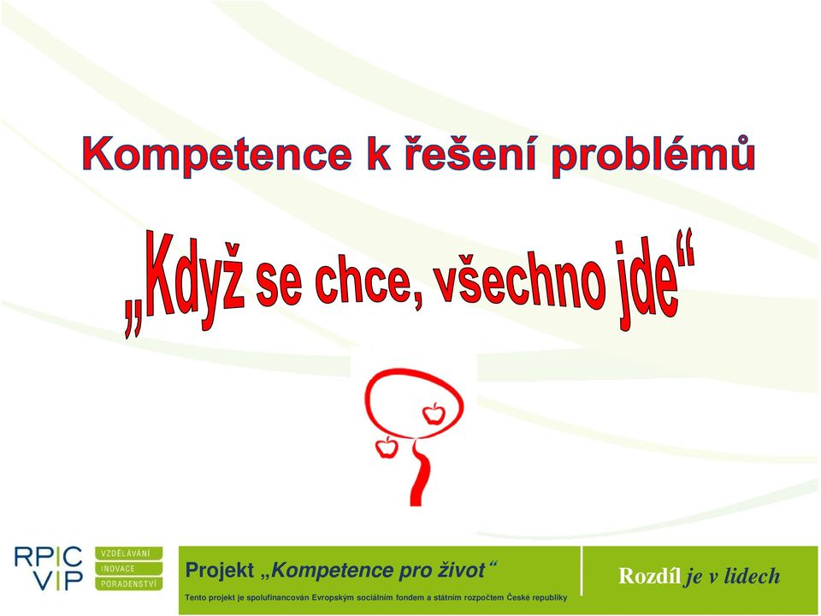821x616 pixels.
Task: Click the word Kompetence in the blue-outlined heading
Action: [x=216, y=155]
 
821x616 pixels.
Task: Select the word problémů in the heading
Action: [x=653, y=155]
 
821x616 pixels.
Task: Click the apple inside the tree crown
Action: [x=434, y=413]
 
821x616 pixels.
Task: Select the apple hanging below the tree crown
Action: [x=386, y=447]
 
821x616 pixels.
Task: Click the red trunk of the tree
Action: [x=421, y=474]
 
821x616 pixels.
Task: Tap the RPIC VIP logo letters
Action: [x=48, y=568]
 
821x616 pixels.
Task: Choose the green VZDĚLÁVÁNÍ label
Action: [x=129, y=554]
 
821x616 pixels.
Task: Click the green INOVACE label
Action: [x=129, y=568]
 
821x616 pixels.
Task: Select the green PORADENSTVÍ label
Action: [x=129, y=583]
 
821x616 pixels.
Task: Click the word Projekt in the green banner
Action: [x=220, y=570]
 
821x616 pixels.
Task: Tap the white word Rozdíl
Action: [x=650, y=576]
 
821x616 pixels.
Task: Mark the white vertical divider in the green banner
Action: [x=582, y=571]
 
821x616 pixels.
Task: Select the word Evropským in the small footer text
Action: [x=333, y=598]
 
